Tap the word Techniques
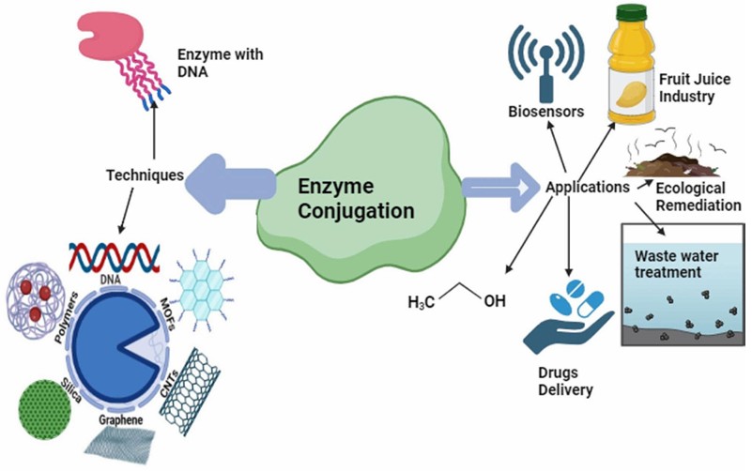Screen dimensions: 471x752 click(144, 175)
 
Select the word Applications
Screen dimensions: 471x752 click(587, 187)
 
